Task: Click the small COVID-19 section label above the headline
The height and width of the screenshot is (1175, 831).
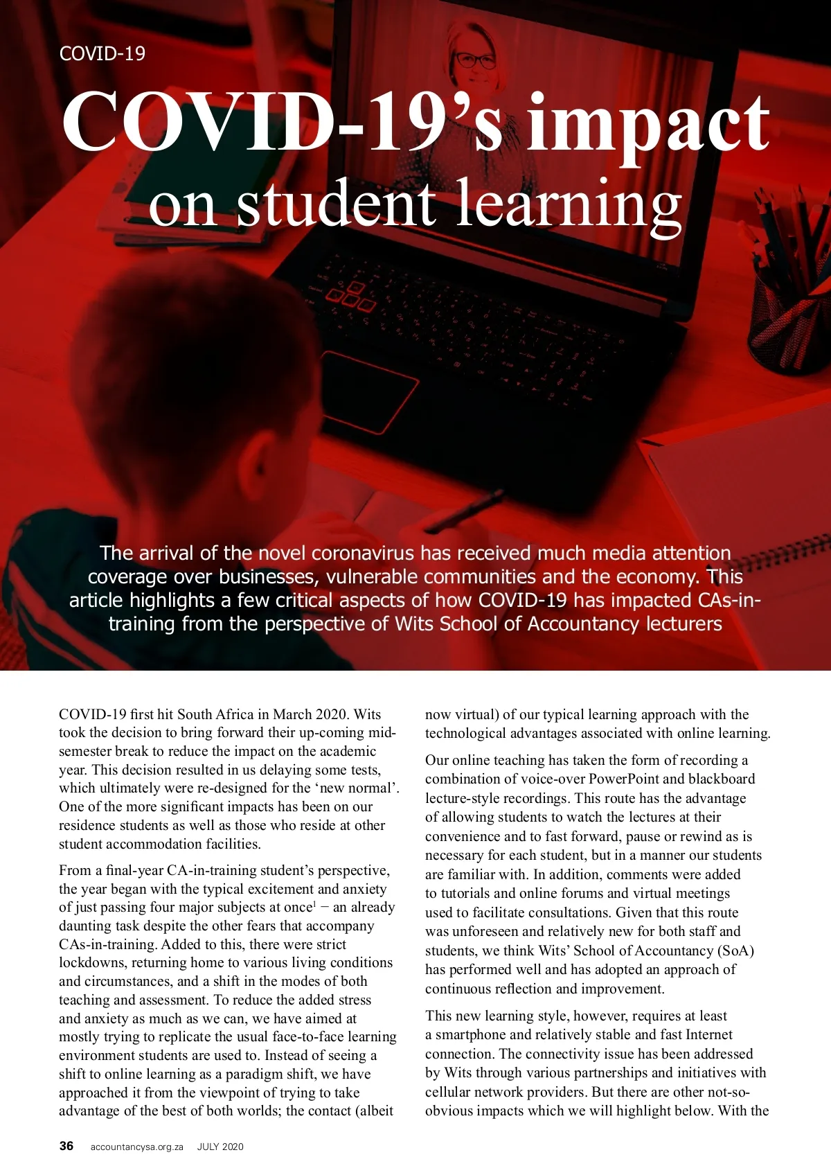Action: coord(102,53)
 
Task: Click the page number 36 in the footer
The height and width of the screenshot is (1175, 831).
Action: coord(66,1146)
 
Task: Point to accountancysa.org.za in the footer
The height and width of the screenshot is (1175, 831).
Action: coord(136,1147)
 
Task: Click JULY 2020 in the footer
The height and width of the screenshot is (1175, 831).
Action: coord(220,1147)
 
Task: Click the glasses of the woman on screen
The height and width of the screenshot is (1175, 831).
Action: coord(475,60)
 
